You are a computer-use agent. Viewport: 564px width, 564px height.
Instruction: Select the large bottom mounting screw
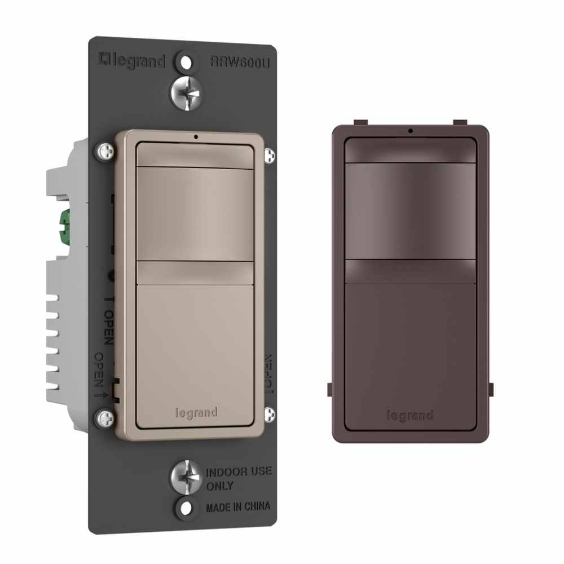pos(186,475)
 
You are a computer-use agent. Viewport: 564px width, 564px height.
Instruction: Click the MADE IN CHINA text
pos(237,506)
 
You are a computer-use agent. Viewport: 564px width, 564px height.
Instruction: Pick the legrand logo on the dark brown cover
pos(410,416)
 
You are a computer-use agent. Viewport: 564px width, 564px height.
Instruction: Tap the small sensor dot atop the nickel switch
pos(195,136)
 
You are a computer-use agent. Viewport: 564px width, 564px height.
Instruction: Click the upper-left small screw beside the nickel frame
pos(105,151)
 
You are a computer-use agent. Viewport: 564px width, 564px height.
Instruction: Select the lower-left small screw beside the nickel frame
pos(105,418)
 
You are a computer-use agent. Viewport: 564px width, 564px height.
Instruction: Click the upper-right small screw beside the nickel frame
pos(269,153)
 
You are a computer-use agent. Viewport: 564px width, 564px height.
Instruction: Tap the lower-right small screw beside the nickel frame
pos(269,414)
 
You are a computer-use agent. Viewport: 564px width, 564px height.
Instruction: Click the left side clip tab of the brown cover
pos(330,389)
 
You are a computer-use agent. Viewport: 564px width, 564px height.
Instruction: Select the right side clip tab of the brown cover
pos(490,389)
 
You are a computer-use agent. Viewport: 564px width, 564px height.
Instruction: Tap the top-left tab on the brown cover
pos(359,122)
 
